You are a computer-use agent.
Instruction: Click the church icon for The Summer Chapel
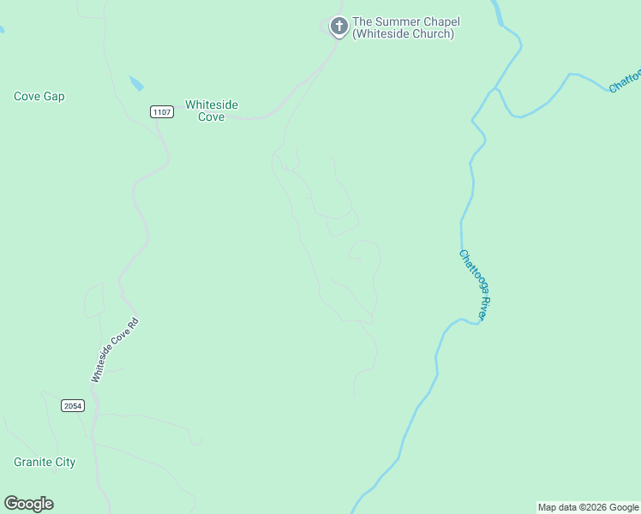click(x=339, y=26)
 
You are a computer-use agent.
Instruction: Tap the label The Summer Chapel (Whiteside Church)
click(x=403, y=27)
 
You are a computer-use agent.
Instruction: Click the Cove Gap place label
click(x=39, y=97)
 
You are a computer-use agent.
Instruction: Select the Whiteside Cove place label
click(x=212, y=111)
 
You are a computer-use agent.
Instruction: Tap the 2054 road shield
click(x=73, y=405)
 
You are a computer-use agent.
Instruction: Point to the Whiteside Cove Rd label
click(x=114, y=350)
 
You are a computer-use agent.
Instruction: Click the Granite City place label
click(x=45, y=463)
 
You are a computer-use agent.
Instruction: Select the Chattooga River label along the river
click(x=474, y=285)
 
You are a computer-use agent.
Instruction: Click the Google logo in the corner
click(x=28, y=504)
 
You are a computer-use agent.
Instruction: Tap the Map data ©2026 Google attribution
click(x=589, y=507)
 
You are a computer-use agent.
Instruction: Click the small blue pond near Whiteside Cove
click(x=136, y=84)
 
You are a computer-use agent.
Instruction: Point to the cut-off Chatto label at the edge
click(x=626, y=81)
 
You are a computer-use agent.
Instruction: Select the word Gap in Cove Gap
click(x=54, y=97)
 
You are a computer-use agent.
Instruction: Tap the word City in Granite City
click(x=64, y=463)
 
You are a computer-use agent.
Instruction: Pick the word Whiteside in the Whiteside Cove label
click(x=212, y=105)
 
